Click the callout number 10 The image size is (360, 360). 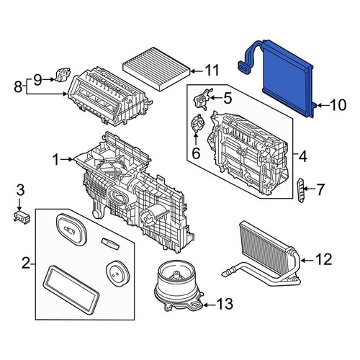338,105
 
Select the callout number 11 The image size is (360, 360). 212,70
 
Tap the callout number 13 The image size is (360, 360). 225,304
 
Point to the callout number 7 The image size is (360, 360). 320,189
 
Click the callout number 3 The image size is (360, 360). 20,189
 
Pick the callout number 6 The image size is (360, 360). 196,153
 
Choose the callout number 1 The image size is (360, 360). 56,159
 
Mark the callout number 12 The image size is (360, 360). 324,259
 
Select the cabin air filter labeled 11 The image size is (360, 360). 157,68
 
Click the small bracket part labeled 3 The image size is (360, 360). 22,217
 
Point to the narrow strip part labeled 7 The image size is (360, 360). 301,190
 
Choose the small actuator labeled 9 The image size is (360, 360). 63,74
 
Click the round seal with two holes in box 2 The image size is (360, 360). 117,274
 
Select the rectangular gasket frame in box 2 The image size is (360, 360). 71,289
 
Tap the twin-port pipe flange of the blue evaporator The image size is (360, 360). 245,69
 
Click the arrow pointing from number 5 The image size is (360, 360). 216,98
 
